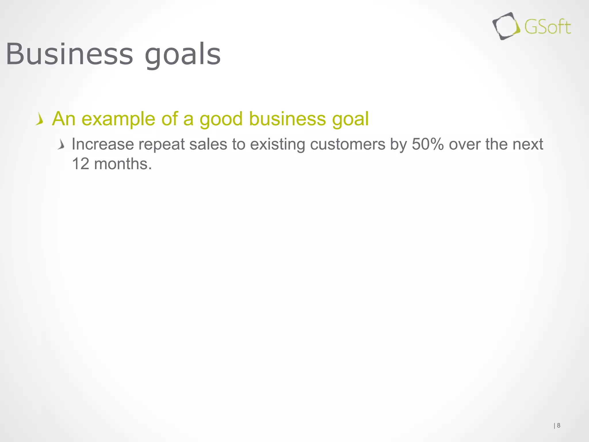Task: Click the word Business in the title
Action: coord(69,54)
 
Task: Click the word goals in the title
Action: coord(183,55)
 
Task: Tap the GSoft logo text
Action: coord(547,27)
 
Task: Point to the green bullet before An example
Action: coord(40,119)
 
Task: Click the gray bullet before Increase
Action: coord(61,144)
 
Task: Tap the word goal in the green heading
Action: coord(350,119)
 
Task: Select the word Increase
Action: coord(103,144)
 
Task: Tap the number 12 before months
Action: coord(81,164)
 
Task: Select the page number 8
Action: coord(559,425)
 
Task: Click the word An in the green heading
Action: coord(64,119)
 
